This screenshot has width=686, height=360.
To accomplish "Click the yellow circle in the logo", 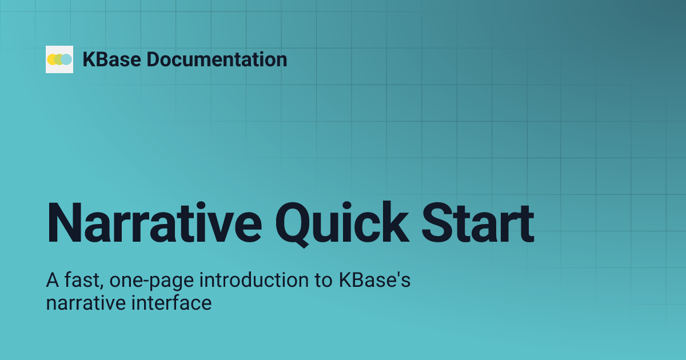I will [x=52, y=59].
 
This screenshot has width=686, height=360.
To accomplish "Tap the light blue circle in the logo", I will [x=67, y=59].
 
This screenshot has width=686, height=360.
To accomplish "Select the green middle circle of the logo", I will [x=59, y=59].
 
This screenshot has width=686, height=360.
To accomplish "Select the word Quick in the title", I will [x=342, y=222].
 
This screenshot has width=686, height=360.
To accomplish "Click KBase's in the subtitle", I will [x=375, y=282].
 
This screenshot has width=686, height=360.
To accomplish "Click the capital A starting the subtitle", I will [x=51, y=282].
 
